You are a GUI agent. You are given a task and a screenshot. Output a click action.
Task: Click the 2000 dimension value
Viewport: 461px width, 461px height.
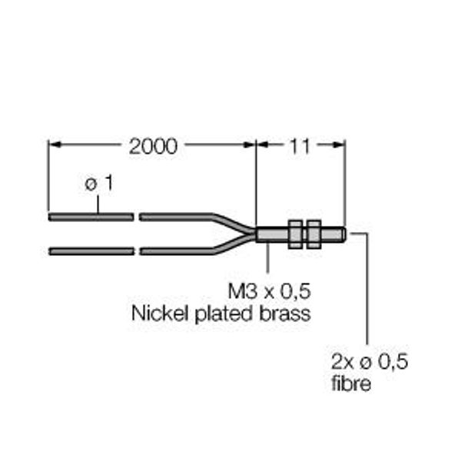[x=153, y=146]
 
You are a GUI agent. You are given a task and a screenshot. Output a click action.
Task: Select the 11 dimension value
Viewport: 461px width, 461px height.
[x=300, y=146]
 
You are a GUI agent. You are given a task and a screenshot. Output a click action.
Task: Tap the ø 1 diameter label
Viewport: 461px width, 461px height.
[x=99, y=184]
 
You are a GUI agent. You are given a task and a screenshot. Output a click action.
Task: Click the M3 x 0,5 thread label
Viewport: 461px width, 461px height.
[x=270, y=291]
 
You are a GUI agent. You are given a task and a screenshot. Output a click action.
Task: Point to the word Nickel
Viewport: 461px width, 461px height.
[x=160, y=313]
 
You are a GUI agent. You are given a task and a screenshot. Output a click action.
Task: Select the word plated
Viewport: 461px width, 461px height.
[x=224, y=314]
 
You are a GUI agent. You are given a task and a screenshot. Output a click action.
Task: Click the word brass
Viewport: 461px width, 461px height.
[x=285, y=313]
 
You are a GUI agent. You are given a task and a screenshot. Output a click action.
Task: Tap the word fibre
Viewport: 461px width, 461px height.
[x=351, y=383]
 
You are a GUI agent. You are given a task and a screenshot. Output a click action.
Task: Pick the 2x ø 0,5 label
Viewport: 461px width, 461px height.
[x=370, y=361]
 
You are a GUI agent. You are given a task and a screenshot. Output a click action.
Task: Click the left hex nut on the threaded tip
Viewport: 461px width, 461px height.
[x=295, y=234]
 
